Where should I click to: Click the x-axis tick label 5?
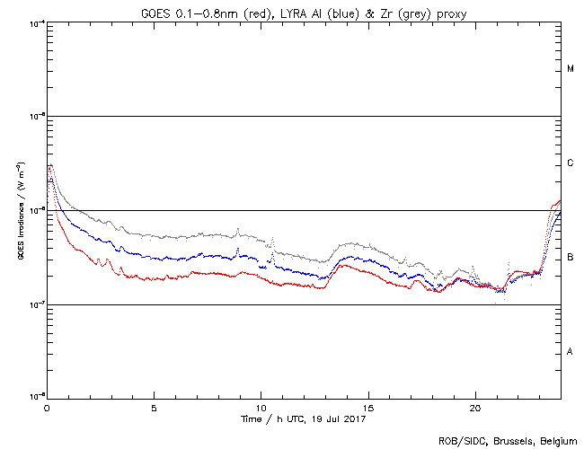pos(154,406)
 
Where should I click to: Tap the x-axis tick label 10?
pos(261,406)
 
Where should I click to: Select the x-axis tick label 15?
pos(368,406)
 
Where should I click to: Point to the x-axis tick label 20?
pos(475,406)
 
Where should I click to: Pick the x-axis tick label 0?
pos(47,406)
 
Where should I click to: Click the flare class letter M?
pos(571,69)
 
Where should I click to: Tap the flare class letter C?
pos(571,163)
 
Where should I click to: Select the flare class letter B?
pos(571,258)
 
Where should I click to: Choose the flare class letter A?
pos(571,351)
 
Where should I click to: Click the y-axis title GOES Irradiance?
pos(20,210)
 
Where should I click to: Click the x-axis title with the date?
pos(304,418)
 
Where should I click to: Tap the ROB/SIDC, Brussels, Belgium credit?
pos(508,441)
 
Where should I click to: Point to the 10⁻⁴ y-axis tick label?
pos(37,23)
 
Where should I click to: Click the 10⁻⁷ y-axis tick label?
pos(37,304)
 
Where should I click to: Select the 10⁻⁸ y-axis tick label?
pos(37,396)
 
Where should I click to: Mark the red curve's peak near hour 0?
pos(50,165)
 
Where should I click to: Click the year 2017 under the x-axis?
pos(354,418)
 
